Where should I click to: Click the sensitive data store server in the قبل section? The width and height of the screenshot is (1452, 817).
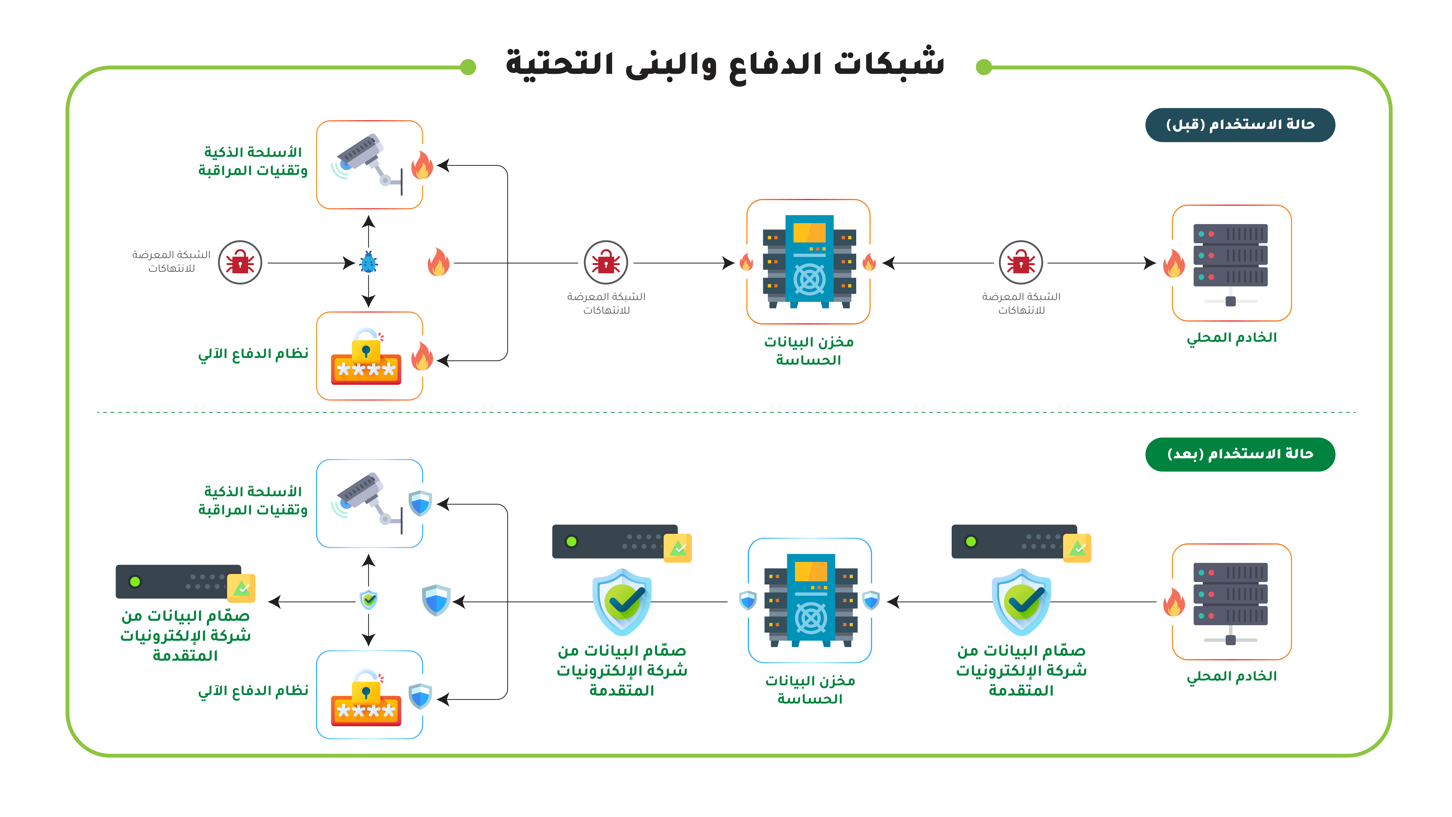tap(809, 262)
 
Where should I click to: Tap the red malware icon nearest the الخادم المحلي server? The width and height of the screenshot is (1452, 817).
tap(1021, 262)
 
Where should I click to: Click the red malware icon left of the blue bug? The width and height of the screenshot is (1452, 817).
tap(240, 262)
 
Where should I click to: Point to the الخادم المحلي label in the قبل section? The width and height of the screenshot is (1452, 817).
tap(1232, 338)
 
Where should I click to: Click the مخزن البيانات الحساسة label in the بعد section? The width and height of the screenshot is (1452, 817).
tap(810, 690)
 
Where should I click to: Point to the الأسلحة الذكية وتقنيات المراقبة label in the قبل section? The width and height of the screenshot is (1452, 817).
tap(253, 161)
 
